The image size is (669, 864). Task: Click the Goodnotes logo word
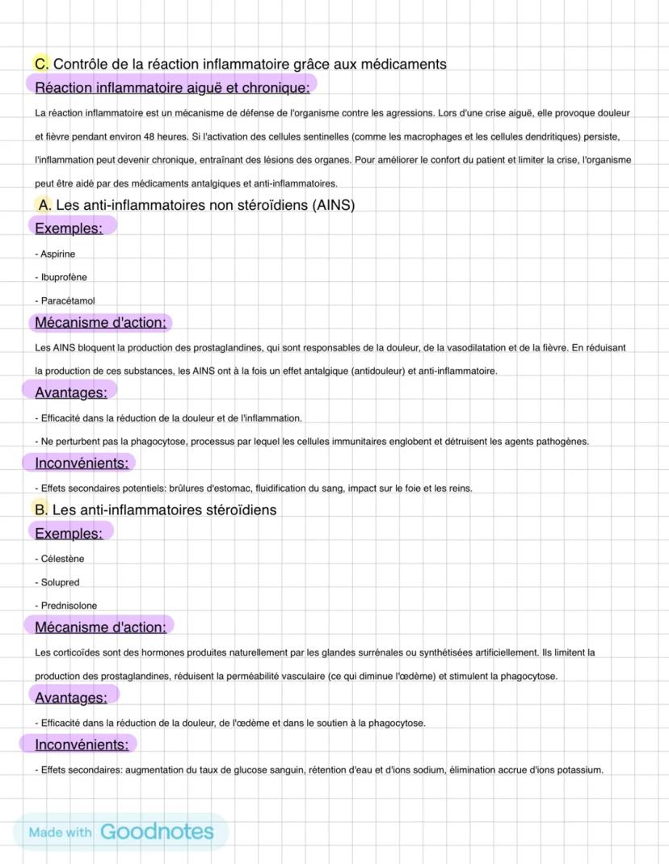[157, 832]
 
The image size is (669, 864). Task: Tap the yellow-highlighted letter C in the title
[41, 64]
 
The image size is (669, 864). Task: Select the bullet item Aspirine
[57, 254]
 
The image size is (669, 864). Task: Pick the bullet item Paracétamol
[67, 300]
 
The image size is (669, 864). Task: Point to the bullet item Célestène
[62, 558]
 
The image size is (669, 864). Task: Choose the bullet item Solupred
[60, 582]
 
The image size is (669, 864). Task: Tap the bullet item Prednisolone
[69, 606]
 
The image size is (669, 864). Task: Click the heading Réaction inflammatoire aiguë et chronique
[172, 87]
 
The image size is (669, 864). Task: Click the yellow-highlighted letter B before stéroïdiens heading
[40, 510]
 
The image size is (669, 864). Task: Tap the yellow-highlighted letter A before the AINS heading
[44, 205]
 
